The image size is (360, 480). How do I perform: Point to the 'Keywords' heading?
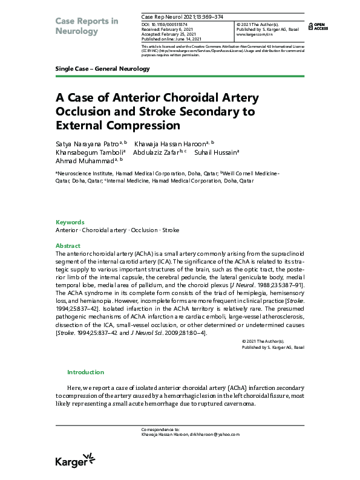pos(70,222)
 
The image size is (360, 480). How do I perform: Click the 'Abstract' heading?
pos(68,246)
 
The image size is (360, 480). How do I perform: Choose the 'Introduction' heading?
pos(85,372)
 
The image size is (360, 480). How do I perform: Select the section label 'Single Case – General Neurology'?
pos(102,69)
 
